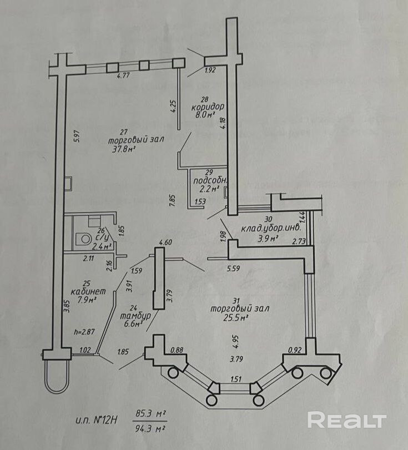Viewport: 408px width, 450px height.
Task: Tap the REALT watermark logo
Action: (x=346, y=420)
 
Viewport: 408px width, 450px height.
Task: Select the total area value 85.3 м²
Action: (x=152, y=413)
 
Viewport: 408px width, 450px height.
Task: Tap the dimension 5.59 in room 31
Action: (x=233, y=269)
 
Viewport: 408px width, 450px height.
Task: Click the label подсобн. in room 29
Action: (x=206, y=181)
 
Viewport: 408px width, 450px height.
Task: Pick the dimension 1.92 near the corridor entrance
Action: (x=209, y=70)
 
